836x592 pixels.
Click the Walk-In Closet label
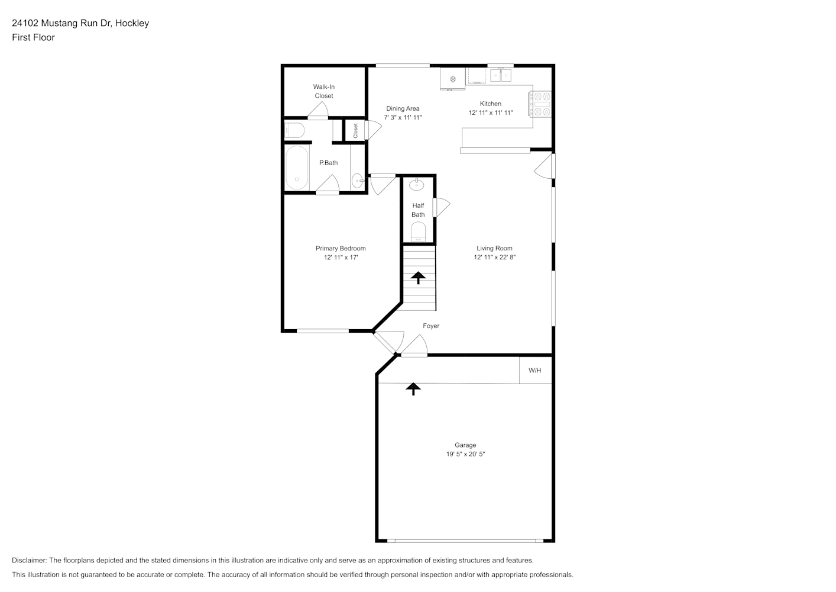323,91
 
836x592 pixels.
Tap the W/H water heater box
535,370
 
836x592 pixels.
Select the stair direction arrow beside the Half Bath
418,277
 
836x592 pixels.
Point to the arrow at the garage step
413,389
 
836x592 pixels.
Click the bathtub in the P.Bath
297,168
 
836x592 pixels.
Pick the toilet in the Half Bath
418,232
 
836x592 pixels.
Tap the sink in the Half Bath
416,184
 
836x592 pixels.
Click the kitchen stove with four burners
540,104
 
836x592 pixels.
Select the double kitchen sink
501,75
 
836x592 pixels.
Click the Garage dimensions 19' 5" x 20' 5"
465,454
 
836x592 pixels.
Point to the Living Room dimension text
494,257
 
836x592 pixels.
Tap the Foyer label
431,326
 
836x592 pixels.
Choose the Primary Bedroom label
341,248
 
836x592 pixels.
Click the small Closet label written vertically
355,130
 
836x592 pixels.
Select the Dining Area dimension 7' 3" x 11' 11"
403,117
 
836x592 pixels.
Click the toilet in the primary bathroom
295,130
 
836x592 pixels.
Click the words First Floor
33,37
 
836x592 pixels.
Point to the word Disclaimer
29,560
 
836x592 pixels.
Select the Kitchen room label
490,104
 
